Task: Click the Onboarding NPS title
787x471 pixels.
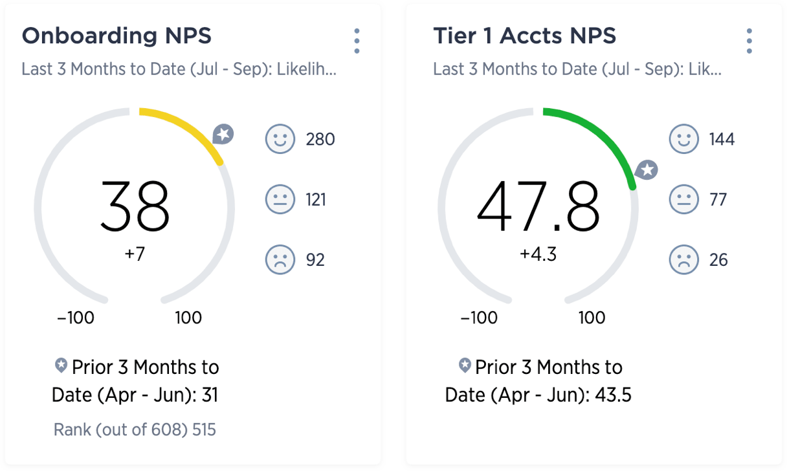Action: click(x=116, y=36)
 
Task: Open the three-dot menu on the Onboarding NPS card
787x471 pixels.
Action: click(x=357, y=41)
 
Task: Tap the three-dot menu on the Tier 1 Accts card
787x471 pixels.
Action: click(x=749, y=41)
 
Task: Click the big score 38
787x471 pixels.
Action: click(x=135, y=206)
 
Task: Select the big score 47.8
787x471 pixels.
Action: click(x=538, y=206)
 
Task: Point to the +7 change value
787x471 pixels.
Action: click(x=135, y=254)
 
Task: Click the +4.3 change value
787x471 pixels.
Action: click(x=538, y=254)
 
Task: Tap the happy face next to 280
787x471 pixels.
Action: click(x=280, y=139)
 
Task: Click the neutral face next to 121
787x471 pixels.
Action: click(x=280, y=199)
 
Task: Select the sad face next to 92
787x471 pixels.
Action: click(x=280, y=260)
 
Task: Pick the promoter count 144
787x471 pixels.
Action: click(x=722, y=139)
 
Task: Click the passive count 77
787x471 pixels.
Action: click(x=718, y=199)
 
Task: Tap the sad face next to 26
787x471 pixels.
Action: click(x=683, y=260)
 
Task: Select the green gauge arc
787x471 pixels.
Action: click(x=602, y=137)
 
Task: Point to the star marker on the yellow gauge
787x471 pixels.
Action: click(x=223, y=135)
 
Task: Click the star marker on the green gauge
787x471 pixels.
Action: click(x=647, y=170)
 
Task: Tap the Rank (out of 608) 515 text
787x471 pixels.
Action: click(x=135, y=430)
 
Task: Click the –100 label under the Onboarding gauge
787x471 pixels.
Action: click(x=76, y=318)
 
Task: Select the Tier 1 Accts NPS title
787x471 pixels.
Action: click(x=524, y=36)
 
